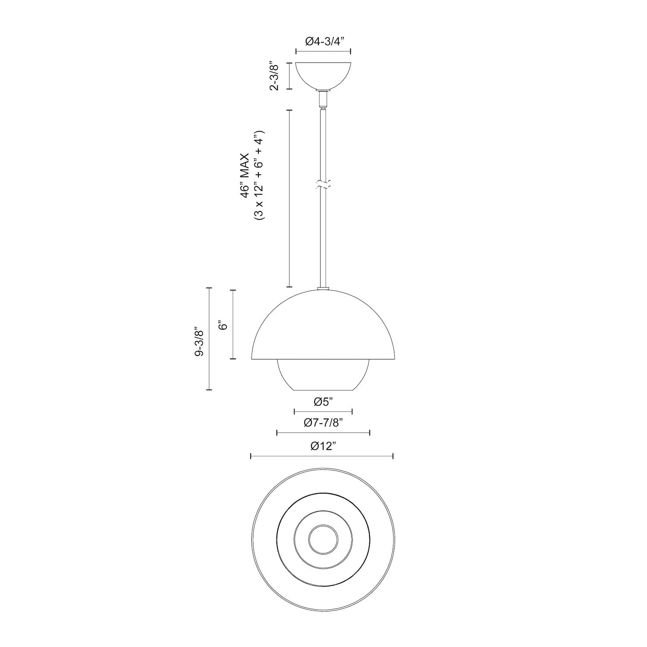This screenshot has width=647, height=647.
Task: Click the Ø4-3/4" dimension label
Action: click(x=323, y=41)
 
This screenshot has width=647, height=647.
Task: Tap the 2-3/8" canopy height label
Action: click(x=274, y=76)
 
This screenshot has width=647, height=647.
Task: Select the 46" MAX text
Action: click(x=245, y=175)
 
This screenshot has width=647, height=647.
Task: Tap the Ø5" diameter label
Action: click(x=323, y=402)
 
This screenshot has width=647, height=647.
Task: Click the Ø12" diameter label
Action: click(x=323, y=446)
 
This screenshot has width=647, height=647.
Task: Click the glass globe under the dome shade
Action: click(x=323, y=375)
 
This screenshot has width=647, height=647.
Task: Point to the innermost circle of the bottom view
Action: click(x=323, y=537)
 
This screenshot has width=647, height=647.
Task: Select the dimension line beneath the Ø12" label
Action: click(x=322, y=456)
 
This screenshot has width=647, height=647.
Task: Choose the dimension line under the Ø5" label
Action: click(x=323, y=411)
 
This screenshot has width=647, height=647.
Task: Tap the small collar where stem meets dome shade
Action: click(x=323, y=288)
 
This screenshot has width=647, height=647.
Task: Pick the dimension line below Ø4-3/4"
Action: click(x=323, y=51)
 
